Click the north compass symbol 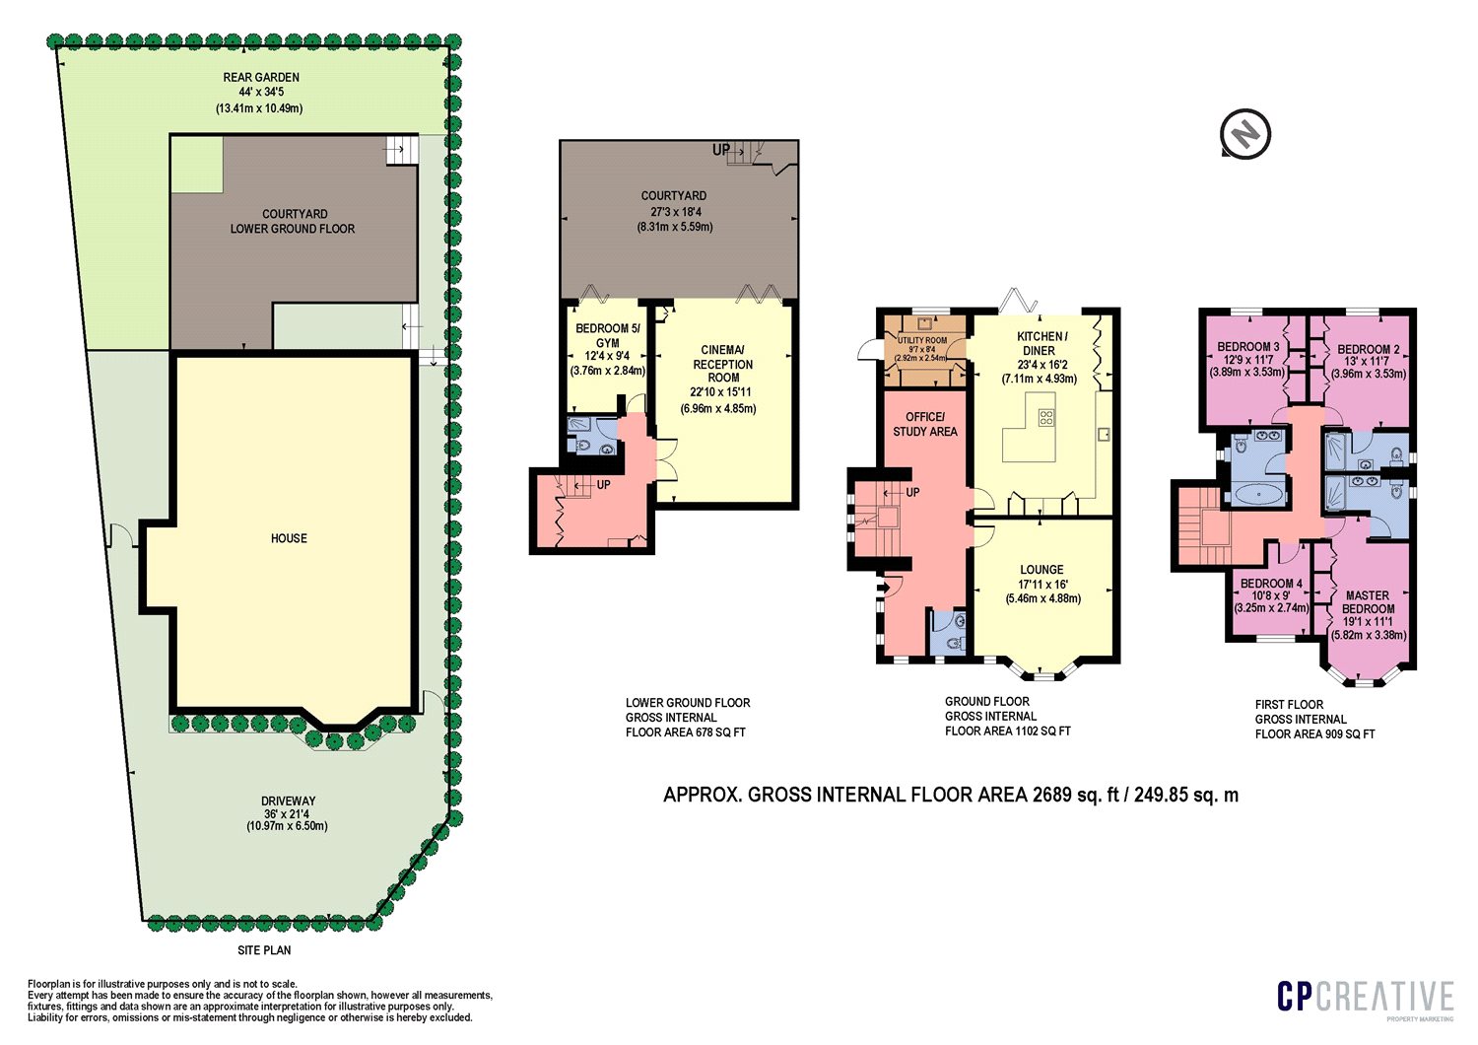click(x=1245, y=133)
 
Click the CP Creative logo click(x=1365, y=997)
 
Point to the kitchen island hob click(x=1045, y=417)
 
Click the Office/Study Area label click(x=924, y=424)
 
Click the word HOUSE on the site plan click(x=289, y=538)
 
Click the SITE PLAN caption click(x=264, y=950)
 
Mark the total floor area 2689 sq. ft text click(x=951, y=795)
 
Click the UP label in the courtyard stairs click(x=721, y=150)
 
